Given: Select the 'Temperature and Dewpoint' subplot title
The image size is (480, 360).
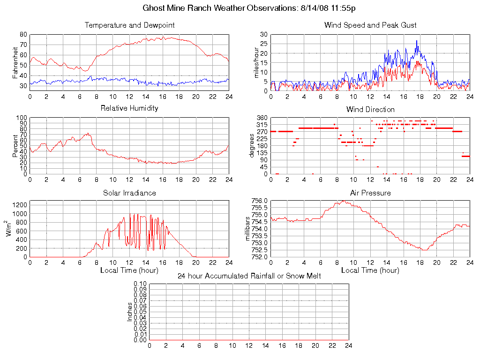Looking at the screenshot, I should tap(129, 25).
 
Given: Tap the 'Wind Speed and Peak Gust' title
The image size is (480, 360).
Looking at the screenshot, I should tap(370, 25).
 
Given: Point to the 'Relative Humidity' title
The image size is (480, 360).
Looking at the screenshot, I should tap(129, 108).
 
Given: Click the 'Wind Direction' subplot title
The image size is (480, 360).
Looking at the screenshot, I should tap(370, 109).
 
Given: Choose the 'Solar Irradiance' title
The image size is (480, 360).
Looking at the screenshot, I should tap(129, 193).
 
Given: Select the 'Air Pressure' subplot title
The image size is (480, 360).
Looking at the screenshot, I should tap(370, 193).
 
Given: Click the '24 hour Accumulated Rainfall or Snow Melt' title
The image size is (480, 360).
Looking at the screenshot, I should tap(249, 276).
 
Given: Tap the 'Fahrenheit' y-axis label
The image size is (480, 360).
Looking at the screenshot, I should tap(15, 62).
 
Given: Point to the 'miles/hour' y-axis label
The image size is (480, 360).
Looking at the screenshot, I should tap(256, 62).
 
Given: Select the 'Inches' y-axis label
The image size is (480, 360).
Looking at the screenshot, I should tap(130, 312).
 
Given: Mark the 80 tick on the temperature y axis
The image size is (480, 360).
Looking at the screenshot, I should tap(23, 35).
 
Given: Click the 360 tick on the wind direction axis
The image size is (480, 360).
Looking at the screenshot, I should tap(262, 118).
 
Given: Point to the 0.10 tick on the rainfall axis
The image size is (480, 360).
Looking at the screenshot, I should tap(140, 284).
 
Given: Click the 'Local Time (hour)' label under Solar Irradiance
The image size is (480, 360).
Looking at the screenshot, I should tap(129, 270).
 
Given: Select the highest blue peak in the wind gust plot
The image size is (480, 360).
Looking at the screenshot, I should tap(417, 41).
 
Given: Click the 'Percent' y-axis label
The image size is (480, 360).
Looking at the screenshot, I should tap(15, 146).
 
